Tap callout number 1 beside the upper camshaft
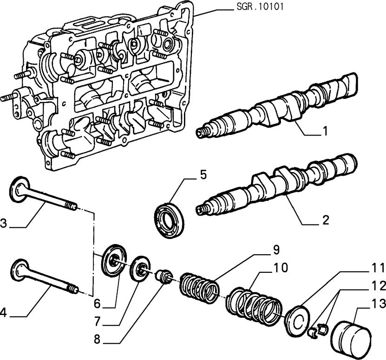pos(326,132)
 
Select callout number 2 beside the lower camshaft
pos(326,219)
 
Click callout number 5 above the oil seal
pos(203,175)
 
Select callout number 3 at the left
pos(4,223)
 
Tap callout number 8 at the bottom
pos(97,339)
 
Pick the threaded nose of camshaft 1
pos(203,133)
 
